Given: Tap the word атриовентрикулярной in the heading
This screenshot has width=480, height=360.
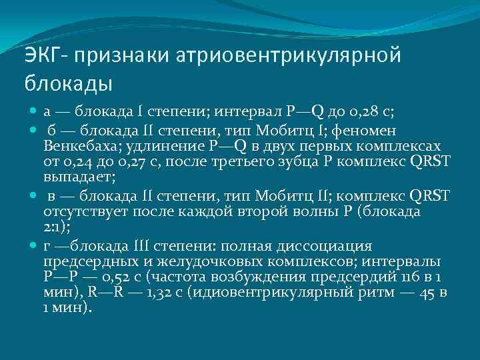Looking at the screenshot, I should [x=289, y=55].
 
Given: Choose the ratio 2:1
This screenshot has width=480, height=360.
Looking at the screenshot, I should [x=55, y=228].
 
